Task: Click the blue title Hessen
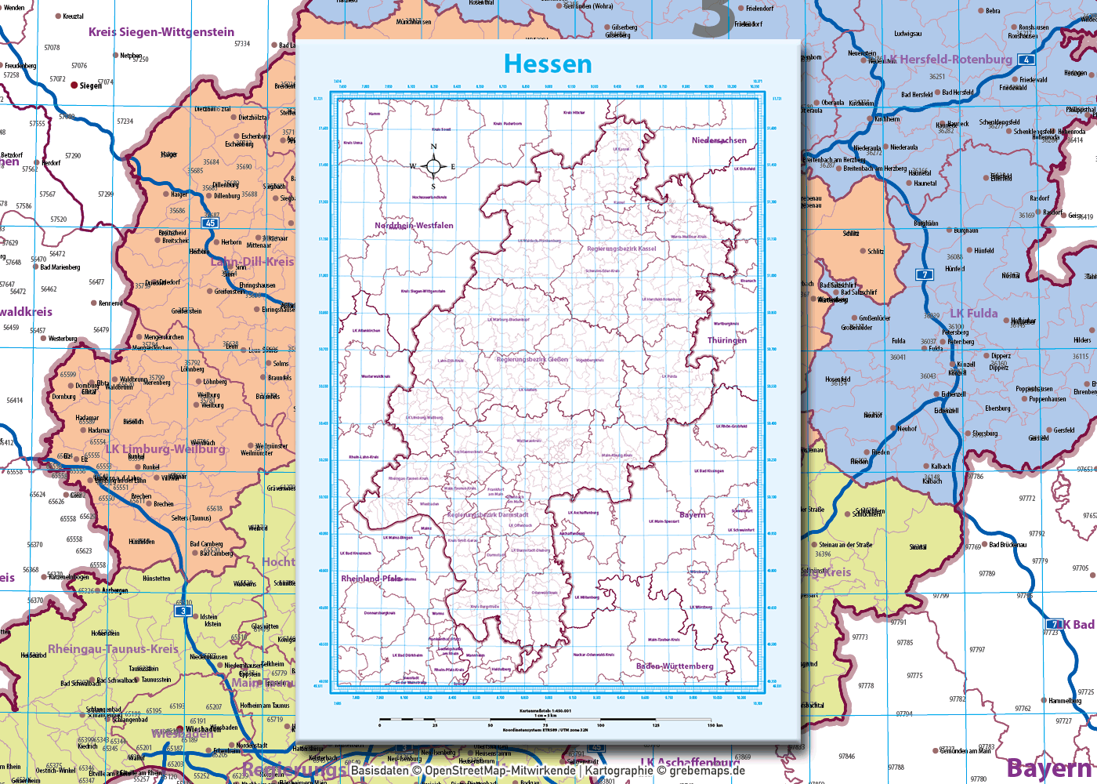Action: [x=548, y=64]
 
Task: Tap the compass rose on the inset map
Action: [x=433, y=166]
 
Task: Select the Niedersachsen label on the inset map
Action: [x=719, y=140]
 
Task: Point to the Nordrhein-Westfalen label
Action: [x=414, y=225]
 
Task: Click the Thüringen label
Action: [x=727, y=340]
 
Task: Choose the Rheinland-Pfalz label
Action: [x=371, y=579]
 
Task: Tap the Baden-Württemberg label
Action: [x=675, y=666]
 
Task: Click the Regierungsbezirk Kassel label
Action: [x=621, y=249]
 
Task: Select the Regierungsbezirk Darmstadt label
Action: [x=487, y=515]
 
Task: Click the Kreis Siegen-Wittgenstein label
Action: [x=161, y=32]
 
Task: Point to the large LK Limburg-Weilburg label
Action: [x=165, y=449]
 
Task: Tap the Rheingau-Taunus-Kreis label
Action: [x=114, y=649]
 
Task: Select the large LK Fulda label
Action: [x=974, y=314]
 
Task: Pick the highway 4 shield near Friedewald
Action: [x=1026, y=60]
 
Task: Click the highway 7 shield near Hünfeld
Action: [x=925, y=274]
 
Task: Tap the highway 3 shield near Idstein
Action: [x=183, y=611]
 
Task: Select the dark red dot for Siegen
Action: [x=74, y=85]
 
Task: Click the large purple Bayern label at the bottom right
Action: [x=1049, y=768]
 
